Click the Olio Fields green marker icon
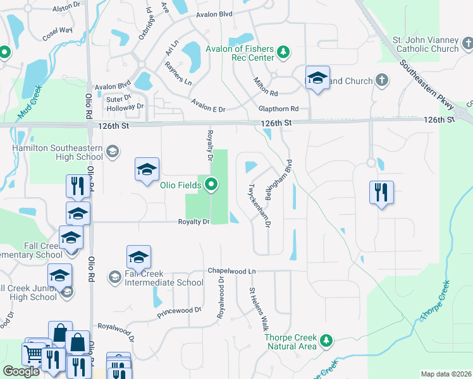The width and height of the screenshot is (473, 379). tap(211, 185)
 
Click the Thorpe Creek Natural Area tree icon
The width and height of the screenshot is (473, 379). tap(326, 340)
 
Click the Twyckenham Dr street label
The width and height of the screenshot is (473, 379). tap(259, 206)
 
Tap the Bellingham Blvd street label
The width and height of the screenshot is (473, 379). tap(281, 179)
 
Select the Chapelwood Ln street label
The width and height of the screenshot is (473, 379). tap(231, 270)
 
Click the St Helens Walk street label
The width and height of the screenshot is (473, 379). tap(259, 310)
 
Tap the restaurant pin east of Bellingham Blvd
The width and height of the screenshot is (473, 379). tap(381, 192)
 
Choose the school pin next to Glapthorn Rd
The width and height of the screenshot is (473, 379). tap(317, 78)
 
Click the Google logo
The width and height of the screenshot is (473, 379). tap(21, 371)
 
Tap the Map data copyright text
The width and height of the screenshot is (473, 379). tap(446, 374)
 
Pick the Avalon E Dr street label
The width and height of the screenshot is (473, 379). tap(209, 109)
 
